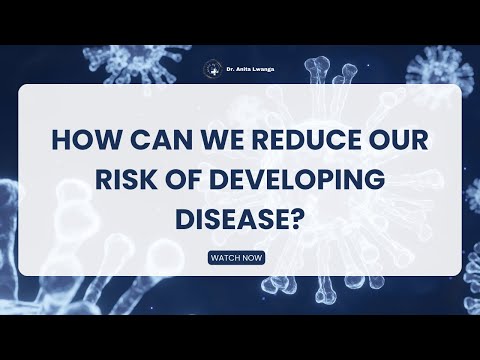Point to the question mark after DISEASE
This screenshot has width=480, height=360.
(297, 218)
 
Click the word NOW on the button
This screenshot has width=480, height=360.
(253, 257)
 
